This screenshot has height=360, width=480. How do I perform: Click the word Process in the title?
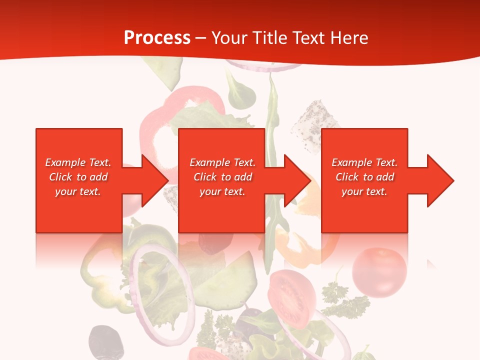157,38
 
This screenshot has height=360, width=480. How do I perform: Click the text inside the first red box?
78,177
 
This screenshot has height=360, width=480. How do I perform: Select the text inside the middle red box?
222,177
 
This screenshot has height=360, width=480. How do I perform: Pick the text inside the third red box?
364,177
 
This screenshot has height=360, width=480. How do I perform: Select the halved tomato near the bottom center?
292,299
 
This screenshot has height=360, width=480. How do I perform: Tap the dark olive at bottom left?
105,342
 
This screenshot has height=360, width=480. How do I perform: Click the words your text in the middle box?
222,191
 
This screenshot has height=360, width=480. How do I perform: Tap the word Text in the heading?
307,38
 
